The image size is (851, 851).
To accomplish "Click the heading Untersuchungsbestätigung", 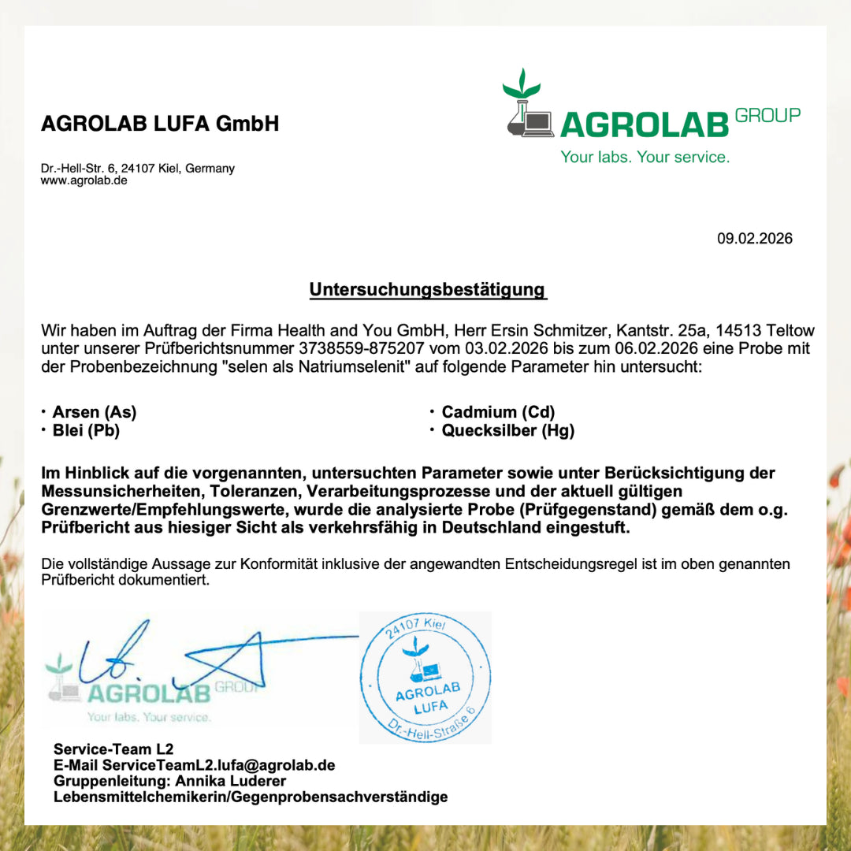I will (428, 289).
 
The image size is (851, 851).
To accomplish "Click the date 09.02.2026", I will (754, 238).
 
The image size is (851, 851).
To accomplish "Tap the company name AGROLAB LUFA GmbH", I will (160, 124).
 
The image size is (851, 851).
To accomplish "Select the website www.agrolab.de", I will (84, 180).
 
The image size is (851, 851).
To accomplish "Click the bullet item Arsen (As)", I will (94, 412).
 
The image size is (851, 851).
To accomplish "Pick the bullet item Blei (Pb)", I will (86, 430).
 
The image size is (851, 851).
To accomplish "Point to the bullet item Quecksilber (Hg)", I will (507, 430).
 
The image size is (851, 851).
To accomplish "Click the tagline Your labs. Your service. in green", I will (645, 157).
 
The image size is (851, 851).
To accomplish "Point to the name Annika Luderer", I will (231, 781).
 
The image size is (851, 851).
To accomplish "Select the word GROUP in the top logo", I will (767, 115).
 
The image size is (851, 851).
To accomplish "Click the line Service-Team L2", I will (113, 749).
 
